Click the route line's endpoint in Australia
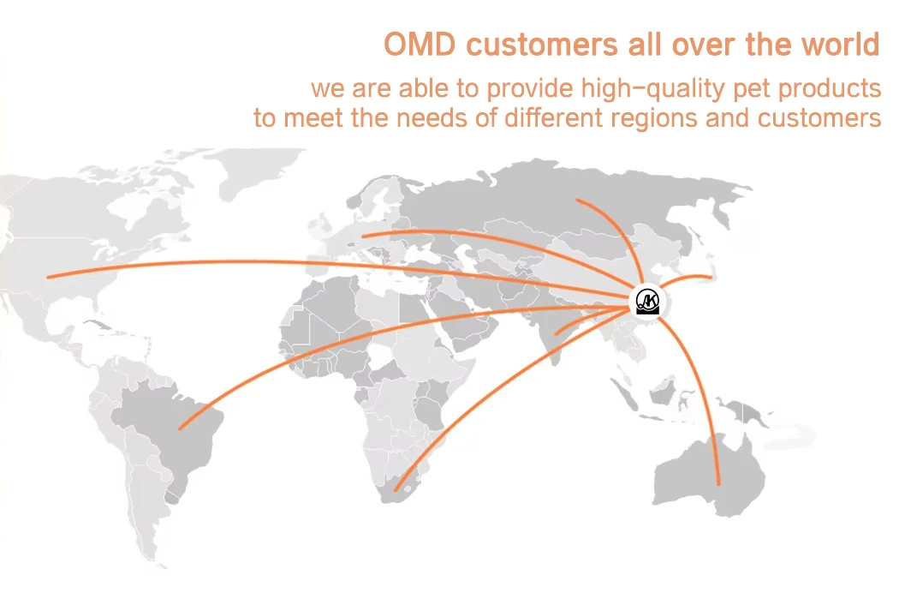coord(719,484)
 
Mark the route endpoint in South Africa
coord(396,490)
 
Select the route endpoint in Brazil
coord(180,428)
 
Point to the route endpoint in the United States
coord(49,277)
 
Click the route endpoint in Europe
coord(363,236)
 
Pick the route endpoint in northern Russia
coord(577,201)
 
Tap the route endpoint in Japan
coord(711,277)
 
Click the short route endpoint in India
coord(557,332)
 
